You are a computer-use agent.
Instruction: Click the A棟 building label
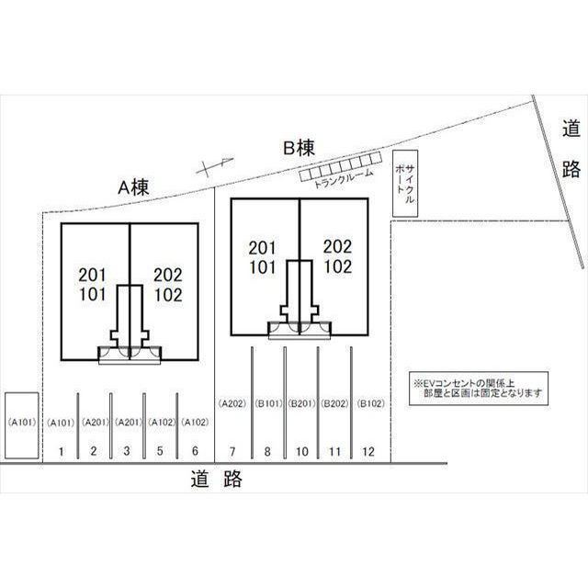133,187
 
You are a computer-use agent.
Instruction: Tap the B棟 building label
299,148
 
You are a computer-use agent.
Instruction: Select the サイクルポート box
405,184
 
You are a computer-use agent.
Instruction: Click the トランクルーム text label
344,178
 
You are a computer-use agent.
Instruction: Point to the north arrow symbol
215,166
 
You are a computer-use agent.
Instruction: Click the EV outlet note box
478,389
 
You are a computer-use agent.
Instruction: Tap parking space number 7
232,451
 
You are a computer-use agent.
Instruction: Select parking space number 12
368,451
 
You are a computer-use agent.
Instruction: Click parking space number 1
62,451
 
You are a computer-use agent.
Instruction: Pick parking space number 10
302,451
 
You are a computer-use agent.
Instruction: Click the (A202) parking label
232,403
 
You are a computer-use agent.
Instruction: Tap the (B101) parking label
268,403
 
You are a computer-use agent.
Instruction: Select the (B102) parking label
371,403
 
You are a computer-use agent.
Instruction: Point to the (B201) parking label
302,403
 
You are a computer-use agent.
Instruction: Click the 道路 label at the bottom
217,479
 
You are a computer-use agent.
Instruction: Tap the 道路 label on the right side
571,148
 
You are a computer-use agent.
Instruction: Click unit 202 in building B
338,247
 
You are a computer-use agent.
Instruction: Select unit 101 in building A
92,294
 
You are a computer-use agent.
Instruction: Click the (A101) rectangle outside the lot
22,425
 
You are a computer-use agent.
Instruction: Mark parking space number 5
160,451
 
